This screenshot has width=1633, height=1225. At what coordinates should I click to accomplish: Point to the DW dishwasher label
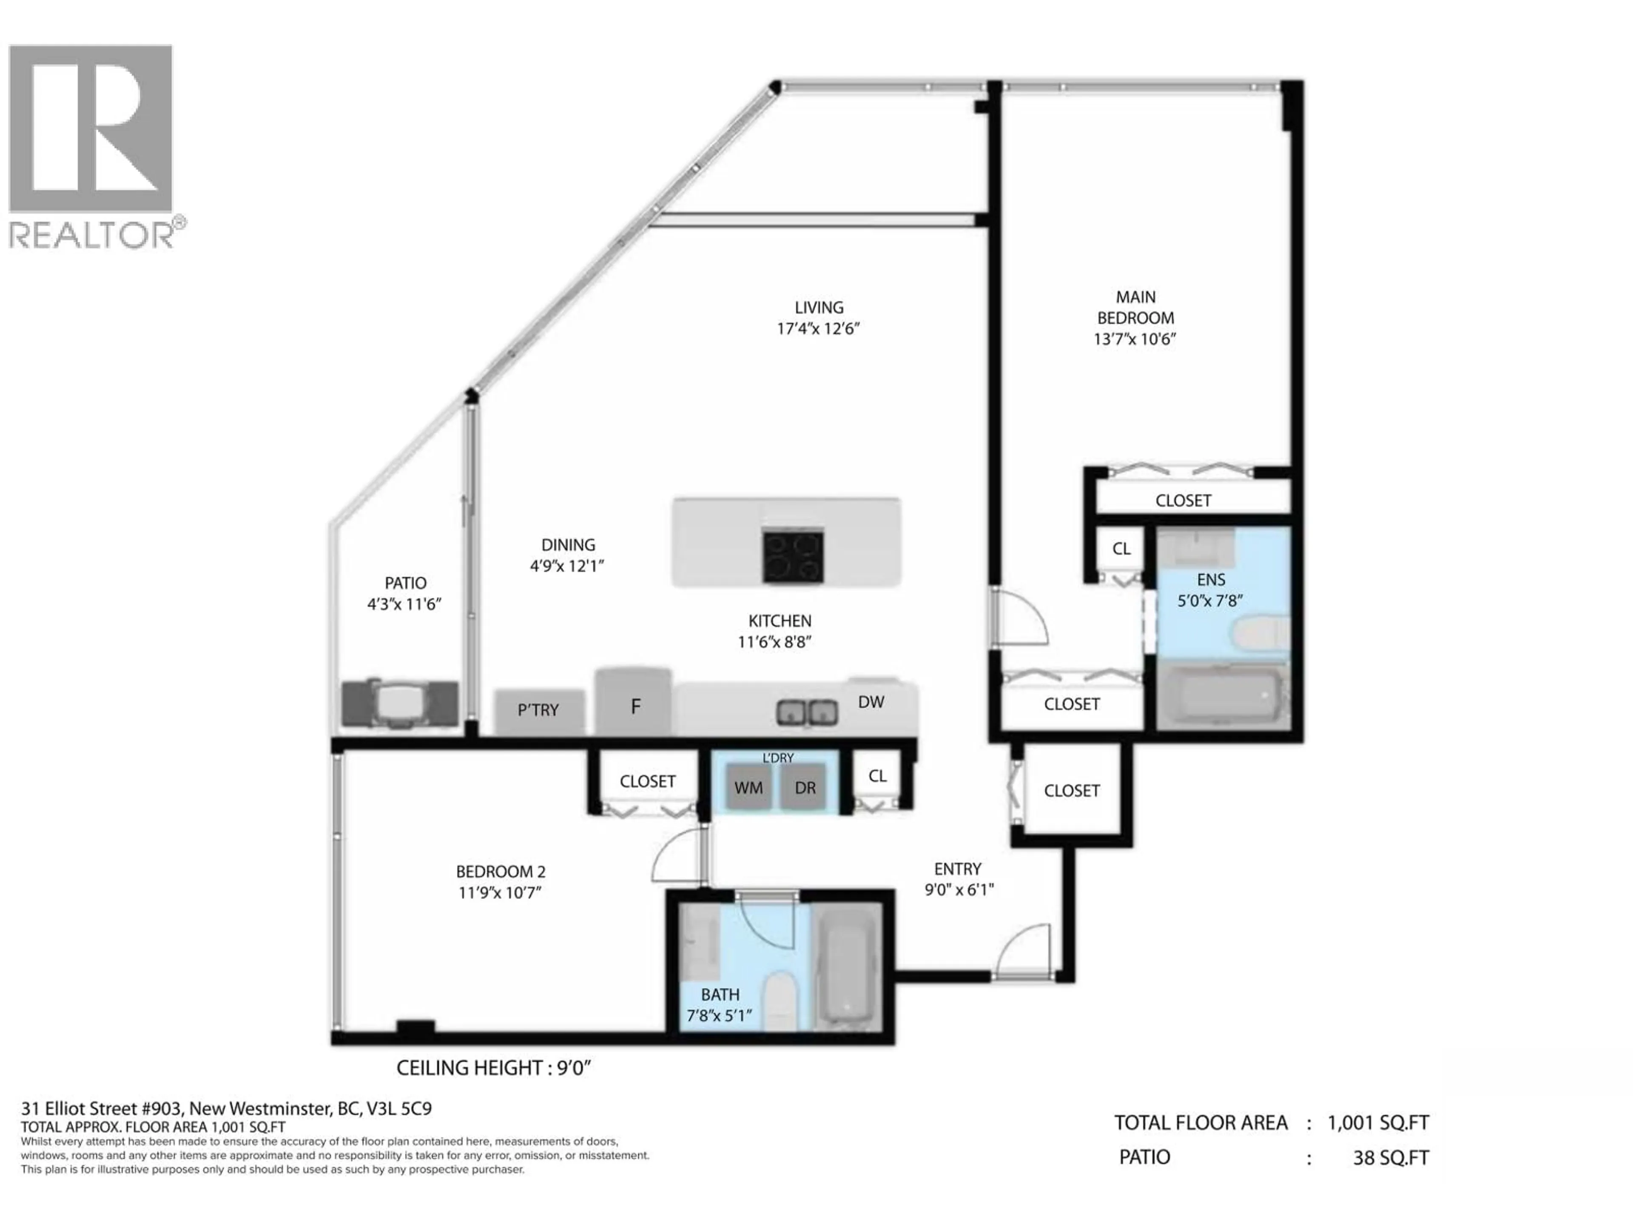coord(871,702)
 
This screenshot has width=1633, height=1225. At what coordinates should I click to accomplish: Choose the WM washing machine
coord(748,788)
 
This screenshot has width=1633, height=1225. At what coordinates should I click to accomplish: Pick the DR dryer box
coord(805,788)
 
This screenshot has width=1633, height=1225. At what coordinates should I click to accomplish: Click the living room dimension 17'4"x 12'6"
coord(818,329)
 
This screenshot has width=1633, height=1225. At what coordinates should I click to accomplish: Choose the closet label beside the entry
coord(1071,791)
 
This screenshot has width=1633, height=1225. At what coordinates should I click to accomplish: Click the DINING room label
coord(568,545)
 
